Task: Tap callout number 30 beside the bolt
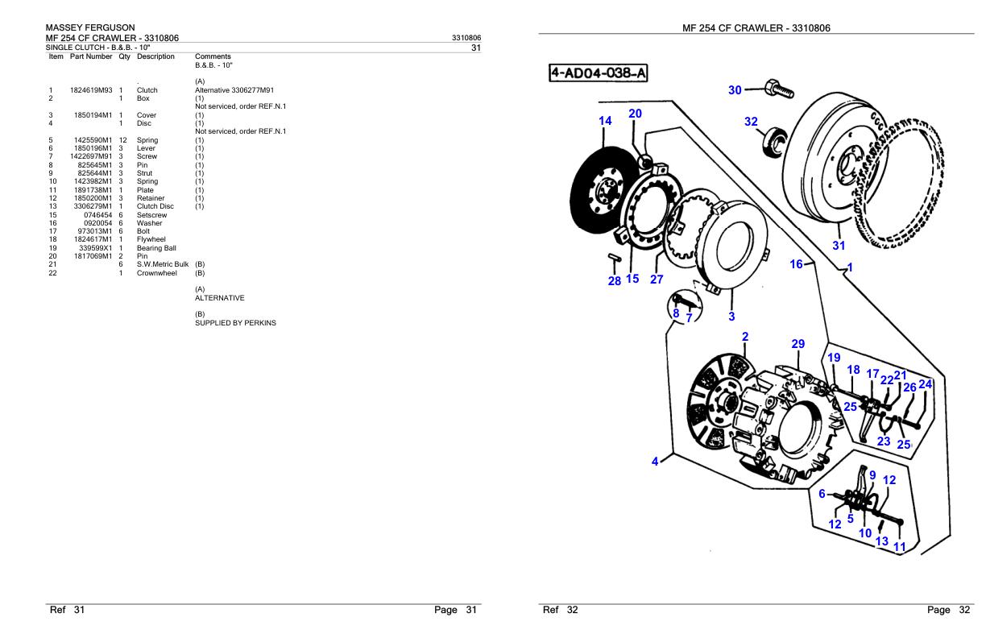(735, 90)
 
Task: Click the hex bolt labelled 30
(778, 88)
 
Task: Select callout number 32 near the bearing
(751, 122)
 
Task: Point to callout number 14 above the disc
(605, 121)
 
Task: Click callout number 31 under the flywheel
(839, 246)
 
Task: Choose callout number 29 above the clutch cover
(797, 344)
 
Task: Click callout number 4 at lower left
(656, 462)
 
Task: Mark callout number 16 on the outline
(797, 263)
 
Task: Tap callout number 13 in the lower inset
(881, 541)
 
